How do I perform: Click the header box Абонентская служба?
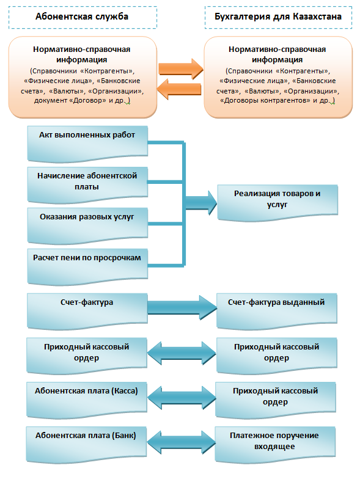(x=83, y=17)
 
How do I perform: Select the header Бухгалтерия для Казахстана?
(x=278, y=17)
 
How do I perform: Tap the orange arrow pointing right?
(x=181, y=69)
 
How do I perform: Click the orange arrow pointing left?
(x=179, y=89)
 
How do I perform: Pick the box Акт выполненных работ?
(x=87, y=144)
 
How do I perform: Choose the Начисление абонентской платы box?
(x=87, y=185)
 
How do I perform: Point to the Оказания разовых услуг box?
(x=87, y=226)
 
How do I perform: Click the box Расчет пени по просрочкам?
(x=87, y=266)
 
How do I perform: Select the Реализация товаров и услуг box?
(x=277, y=202)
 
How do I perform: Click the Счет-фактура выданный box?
(x=277, y=311)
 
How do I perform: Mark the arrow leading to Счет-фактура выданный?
(x=182, y=307)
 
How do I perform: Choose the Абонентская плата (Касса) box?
(x=87, y=400)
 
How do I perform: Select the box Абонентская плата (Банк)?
(x=86, y=445)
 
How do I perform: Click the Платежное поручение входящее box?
(x=275, y=445)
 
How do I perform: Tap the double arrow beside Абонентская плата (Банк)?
(x=181, y=442)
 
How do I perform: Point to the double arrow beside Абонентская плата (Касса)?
(x=182, y=397)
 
